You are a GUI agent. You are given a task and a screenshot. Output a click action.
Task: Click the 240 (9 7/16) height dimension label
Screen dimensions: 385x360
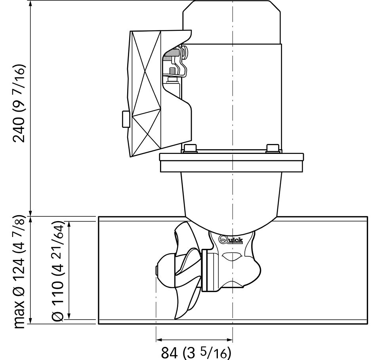(x=19, y=103)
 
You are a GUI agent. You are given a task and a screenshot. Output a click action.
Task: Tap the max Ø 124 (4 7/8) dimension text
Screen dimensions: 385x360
(x=19, y=272)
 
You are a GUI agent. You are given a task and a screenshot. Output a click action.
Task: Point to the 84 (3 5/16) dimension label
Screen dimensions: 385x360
(x=196, y=352)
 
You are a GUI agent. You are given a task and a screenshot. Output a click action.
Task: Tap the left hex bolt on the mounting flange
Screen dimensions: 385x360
(x=190, y=148)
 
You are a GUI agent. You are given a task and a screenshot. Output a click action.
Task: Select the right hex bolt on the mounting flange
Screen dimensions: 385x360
(x=273, y=148)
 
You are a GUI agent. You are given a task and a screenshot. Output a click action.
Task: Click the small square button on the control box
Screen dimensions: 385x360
(x=126, y=119)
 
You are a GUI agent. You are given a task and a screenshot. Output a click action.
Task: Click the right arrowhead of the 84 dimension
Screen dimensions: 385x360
(x=230, y=340)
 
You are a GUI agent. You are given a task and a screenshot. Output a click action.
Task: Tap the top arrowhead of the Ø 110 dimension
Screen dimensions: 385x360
(x=69, y=225)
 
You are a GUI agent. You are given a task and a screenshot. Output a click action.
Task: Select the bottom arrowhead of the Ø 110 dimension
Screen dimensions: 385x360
(x=69, y=316)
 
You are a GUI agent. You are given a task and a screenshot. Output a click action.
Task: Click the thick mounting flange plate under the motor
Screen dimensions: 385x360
(x=232, y=163)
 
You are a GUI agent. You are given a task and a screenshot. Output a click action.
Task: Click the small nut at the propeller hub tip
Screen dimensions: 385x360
(x=156, y=271)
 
